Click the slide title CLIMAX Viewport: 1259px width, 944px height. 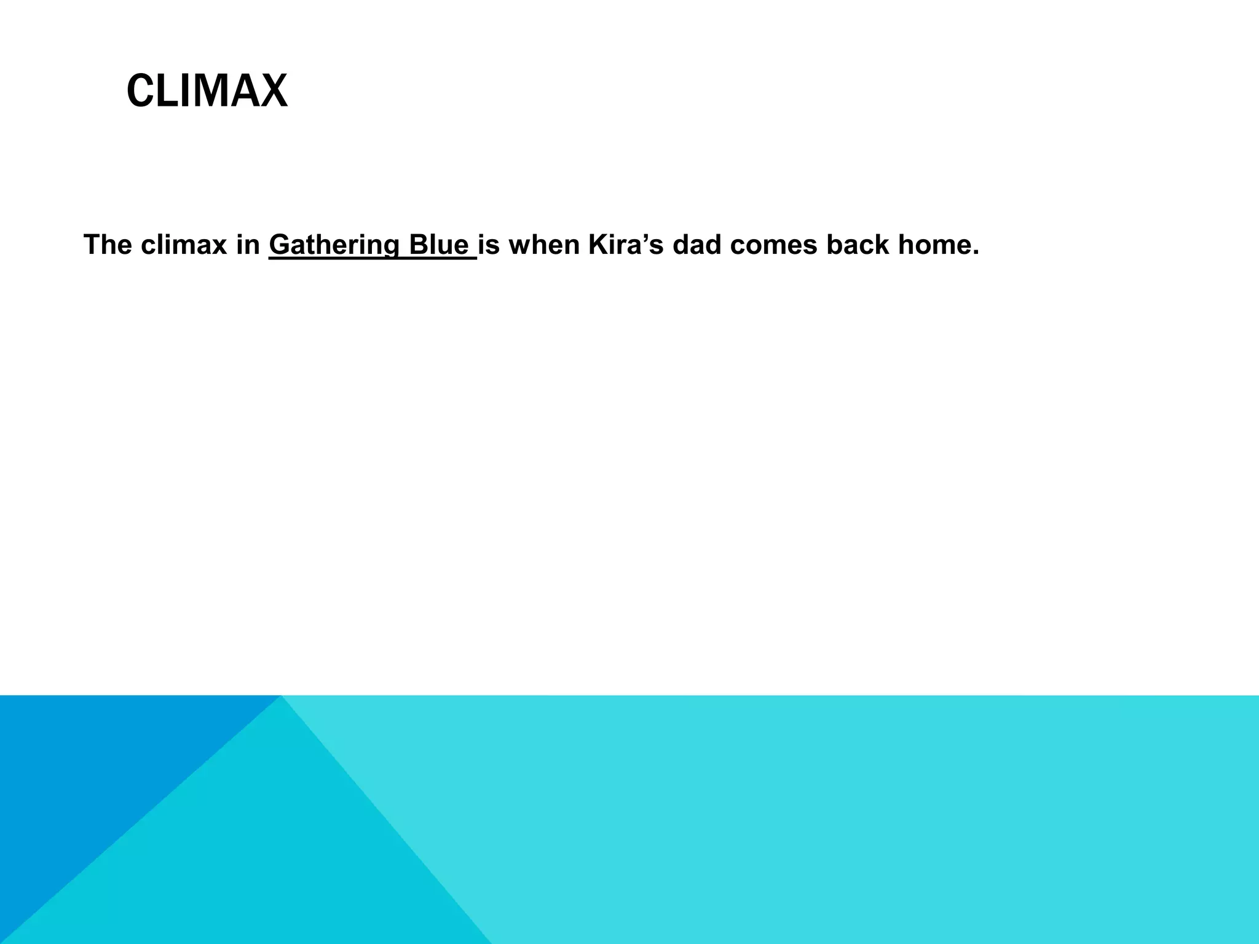tap(207, 91)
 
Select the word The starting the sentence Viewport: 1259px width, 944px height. tap(108, 245)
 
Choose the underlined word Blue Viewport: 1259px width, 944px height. tap(438, 245)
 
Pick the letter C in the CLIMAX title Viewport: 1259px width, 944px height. tap(139, 91)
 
